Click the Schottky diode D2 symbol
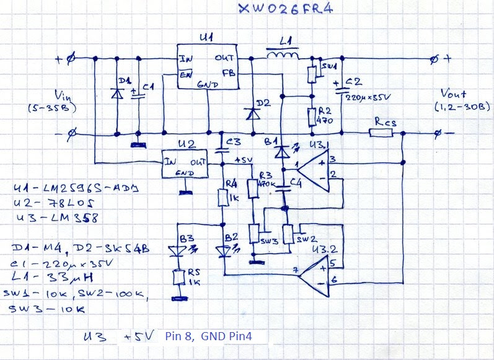(251, 113)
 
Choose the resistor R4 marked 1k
(224, 197)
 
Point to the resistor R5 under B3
(179, 278)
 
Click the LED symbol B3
(179, 250)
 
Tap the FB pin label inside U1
(227, 72)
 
